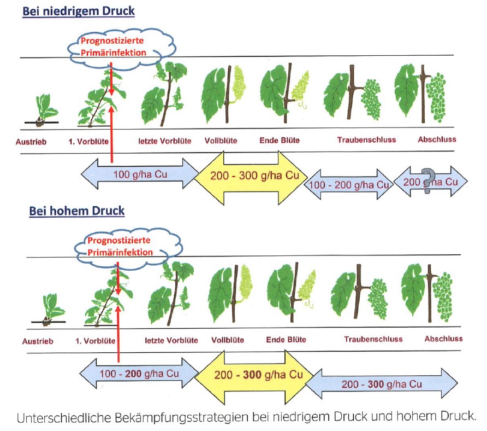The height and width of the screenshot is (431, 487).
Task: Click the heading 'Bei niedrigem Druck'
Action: (78, 11)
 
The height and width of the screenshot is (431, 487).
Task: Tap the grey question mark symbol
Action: (429, 179)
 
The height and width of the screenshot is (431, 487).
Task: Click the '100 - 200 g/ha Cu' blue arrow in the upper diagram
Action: (348, 184)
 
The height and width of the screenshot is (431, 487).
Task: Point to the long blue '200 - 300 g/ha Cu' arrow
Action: (381, 384)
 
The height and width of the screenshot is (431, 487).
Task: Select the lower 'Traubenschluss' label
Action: (373, 339)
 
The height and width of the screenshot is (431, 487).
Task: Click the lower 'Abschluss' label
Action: (443, 339)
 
